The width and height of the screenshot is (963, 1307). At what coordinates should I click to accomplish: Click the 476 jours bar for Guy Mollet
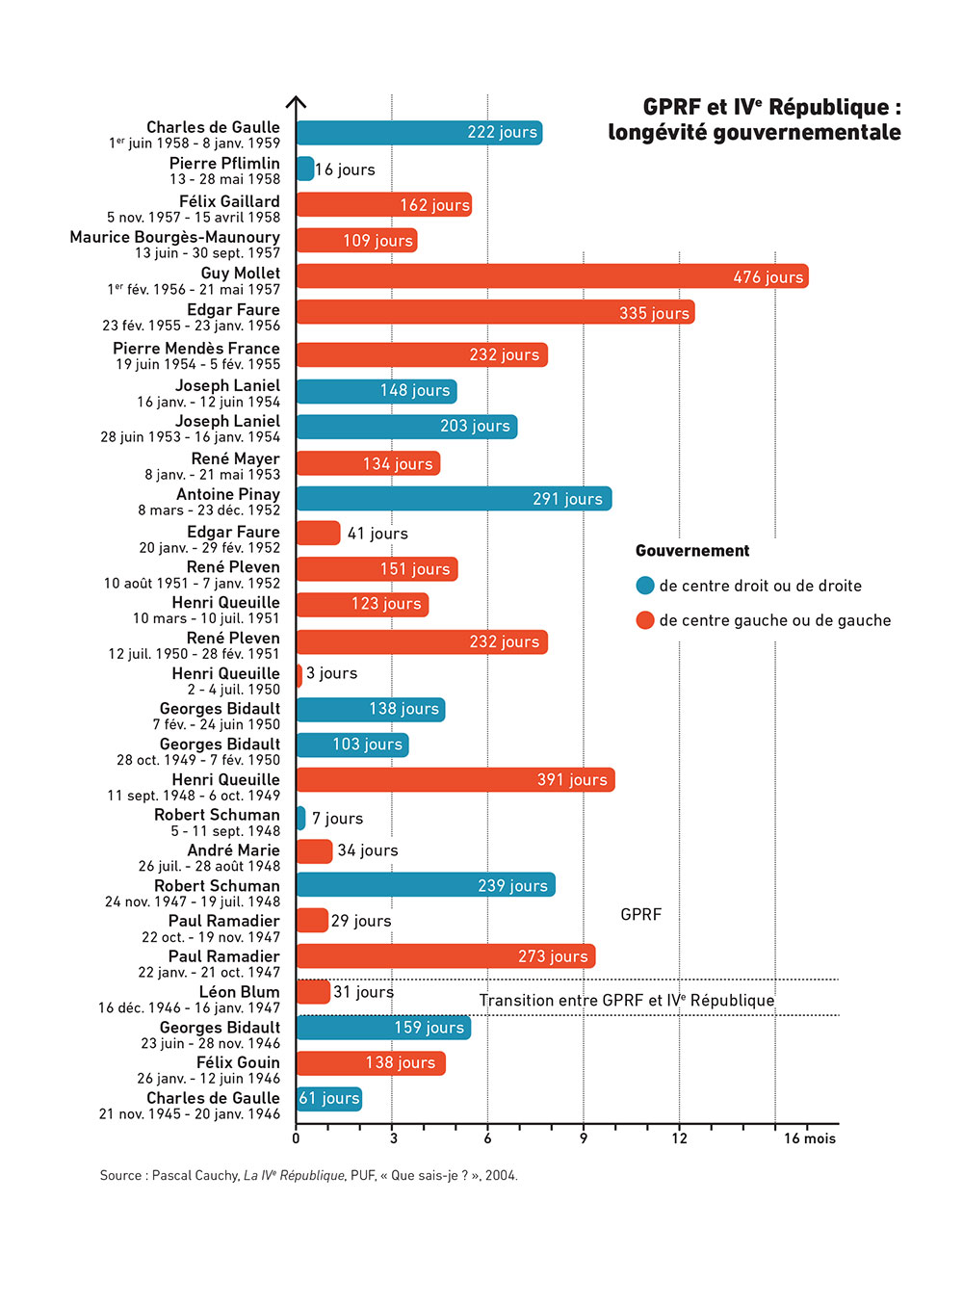pos(552,276)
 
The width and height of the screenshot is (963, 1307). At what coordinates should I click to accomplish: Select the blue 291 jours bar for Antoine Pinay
pos(454,498)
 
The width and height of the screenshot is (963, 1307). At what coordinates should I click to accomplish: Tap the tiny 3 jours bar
pos(299,674)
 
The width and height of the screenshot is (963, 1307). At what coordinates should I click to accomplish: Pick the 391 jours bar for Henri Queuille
pos(455,779)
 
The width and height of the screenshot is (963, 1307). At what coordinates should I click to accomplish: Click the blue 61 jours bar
pos(329,1098)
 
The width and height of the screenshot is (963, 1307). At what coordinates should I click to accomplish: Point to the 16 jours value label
pos(345,170)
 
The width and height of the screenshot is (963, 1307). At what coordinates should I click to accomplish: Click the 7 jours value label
pos(337,819)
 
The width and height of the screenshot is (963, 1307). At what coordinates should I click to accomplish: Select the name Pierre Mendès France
pos(196,348)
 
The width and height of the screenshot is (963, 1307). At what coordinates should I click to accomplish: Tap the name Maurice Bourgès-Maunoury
pos(174,237)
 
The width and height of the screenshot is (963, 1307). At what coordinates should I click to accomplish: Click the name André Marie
pos(233,850)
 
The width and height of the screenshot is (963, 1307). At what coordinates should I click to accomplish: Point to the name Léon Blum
pos(239,991)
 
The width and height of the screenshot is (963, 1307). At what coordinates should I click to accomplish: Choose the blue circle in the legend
pos(645,586)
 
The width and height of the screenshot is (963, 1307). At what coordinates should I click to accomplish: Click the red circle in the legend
pos(645,620)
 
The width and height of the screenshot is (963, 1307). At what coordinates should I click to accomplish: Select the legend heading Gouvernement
pos(692,551)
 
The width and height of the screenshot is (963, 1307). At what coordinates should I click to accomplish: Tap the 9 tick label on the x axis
pos(583,1138)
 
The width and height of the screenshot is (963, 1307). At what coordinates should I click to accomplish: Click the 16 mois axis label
pos(809,1138)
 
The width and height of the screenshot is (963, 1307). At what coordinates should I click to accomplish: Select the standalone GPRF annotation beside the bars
pos(640,914)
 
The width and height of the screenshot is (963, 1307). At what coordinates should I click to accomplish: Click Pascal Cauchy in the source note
pos(195,1175)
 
